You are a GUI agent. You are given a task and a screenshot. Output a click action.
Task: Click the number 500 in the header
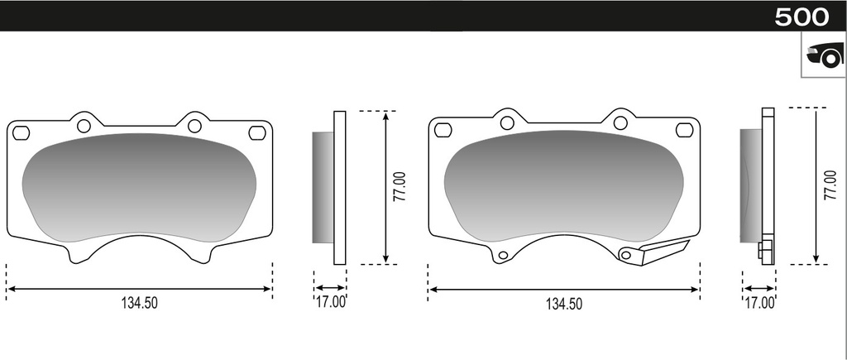tap(801, 17)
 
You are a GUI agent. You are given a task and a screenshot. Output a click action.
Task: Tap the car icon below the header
tap(824, 56)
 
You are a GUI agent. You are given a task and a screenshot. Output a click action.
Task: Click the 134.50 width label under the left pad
tap(139, 303)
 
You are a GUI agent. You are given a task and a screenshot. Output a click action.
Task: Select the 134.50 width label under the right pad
tap(563, 304)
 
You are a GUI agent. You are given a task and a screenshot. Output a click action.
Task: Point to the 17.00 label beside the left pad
tap(331, 302)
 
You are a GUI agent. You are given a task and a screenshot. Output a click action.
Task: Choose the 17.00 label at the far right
tap(759, 303)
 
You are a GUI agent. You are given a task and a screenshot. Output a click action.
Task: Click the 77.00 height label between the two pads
tap(399, 188)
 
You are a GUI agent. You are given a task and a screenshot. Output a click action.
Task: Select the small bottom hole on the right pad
tap(501, 257)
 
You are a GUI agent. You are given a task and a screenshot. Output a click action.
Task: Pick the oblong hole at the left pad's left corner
tap(22, 132)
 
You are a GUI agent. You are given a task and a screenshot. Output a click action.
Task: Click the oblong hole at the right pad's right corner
tap(684, 130)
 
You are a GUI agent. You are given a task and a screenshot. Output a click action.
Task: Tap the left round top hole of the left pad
tap(83, 126)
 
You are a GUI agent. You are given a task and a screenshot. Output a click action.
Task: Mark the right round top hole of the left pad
tap(194, 126)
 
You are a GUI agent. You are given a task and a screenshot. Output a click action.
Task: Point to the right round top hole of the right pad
tap(620, 122)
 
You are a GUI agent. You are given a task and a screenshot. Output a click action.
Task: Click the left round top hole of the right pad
tap(506, 122)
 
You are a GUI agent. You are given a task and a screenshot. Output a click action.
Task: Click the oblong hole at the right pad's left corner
tap(443, 130)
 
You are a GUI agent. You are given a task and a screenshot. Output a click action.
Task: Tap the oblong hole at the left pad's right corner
tap(256, 132)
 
